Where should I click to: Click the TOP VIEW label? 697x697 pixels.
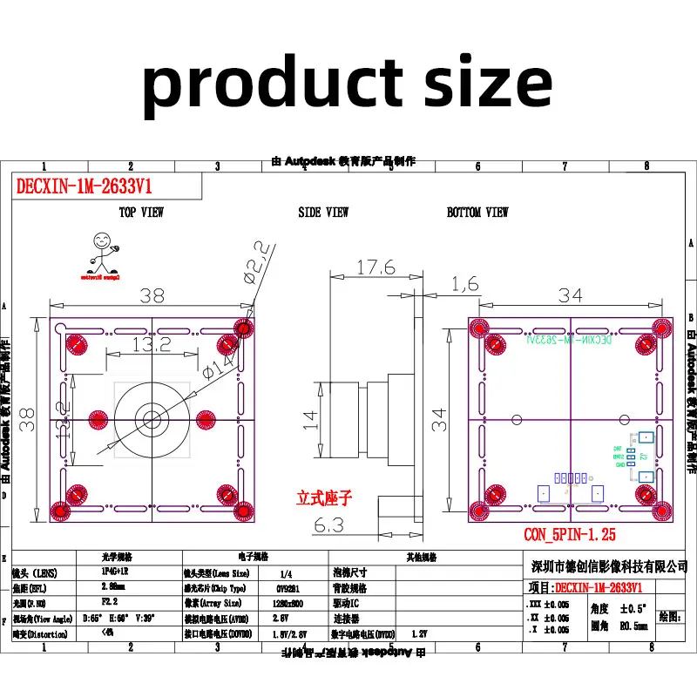pos(141,213)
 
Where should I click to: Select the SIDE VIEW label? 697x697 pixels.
pos(323,213)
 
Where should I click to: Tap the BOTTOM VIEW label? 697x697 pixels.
pos(477,213)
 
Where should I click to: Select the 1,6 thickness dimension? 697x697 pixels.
pos(465,283)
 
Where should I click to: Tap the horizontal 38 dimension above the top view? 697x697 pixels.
pos(152,295)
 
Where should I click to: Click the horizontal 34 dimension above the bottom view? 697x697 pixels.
pos(570,295)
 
